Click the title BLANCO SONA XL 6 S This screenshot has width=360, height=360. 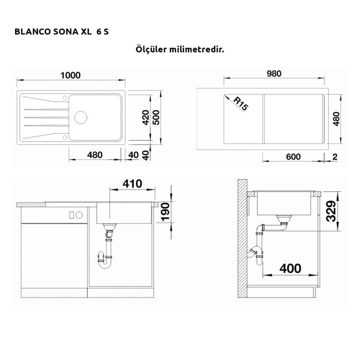(62, 32)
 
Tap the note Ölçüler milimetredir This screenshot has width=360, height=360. (180, 49)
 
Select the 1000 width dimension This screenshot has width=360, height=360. (71, 75)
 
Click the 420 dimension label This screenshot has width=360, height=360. (145, 118)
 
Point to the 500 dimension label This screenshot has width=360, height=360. (156, 118)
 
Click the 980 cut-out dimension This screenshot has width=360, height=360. (274, 74)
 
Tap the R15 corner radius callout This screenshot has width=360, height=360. (240, 104)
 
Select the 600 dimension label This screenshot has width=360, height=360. (293, 157)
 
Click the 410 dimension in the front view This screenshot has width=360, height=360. (132, 184)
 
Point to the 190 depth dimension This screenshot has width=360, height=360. (166, 212)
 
